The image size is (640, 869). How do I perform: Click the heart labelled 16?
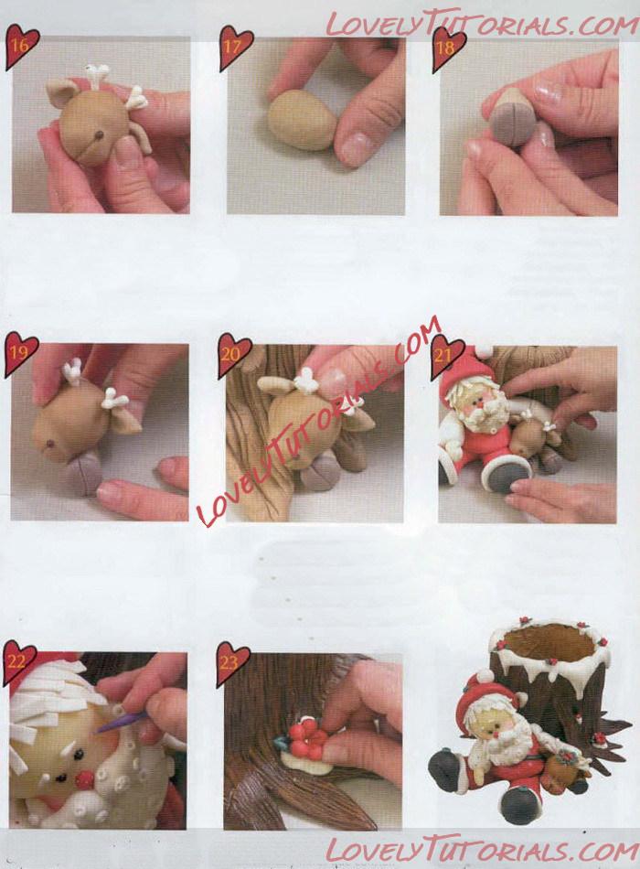tap(21, 46)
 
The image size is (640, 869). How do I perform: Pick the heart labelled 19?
tap(20, 353)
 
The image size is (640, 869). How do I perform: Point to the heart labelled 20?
tap(234, 353)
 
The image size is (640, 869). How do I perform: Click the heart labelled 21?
tap(447, 354)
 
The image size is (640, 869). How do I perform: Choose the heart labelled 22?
tap(19, 660)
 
